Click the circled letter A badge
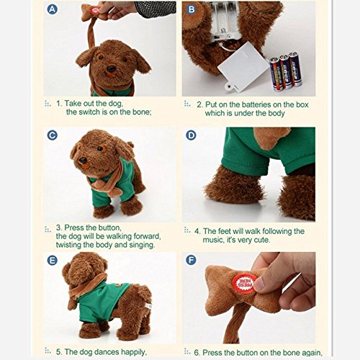(53, 9)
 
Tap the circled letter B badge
(192, 9)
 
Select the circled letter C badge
(53, 135)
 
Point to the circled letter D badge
(191, 135)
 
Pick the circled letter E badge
(53, 261)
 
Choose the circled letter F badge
(191, 260)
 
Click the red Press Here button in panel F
(244, 284)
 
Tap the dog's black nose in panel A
(111, 69)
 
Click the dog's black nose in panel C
(83, 160)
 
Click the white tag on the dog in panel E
(149, 307)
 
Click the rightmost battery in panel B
(295, 69)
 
